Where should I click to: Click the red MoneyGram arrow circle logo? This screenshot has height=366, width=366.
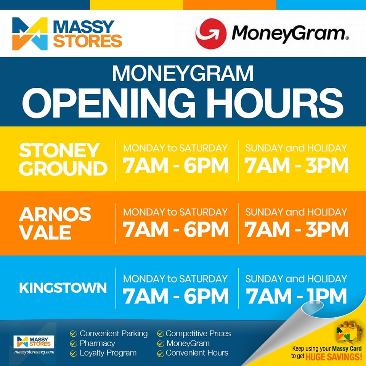(211, 34)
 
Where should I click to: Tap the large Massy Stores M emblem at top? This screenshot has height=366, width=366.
(30, 34)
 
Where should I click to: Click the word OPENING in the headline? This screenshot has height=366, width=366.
(109, 103)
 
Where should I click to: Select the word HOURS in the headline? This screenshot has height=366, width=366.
(275, 103)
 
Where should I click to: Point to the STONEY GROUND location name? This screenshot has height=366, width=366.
(63, 159)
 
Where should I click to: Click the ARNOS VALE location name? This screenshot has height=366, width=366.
(55, 223)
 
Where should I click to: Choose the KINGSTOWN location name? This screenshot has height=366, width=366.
(63, 287)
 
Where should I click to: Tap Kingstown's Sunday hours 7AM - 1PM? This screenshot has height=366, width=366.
(296, 296)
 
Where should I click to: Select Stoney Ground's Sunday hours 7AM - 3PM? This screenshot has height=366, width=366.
(296, 165)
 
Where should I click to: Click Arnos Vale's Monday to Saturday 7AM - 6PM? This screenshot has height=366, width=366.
(175, 230)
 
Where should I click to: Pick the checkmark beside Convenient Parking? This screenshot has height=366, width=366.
(74, 334)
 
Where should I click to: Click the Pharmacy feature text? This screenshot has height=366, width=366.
(97, 344)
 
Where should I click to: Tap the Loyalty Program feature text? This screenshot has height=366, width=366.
(108, 353)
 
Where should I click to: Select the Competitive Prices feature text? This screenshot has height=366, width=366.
(198, 334)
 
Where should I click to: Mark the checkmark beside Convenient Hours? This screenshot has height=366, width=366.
(161, 354)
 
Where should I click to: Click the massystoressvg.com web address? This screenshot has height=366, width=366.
(34, 352)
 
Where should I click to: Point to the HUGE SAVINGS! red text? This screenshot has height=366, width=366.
(334, 357)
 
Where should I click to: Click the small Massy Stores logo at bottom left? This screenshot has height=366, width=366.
(34, 342)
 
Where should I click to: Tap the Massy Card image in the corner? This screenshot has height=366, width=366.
(347, 332)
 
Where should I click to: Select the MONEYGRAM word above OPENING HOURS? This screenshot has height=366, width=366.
(183, 73)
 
